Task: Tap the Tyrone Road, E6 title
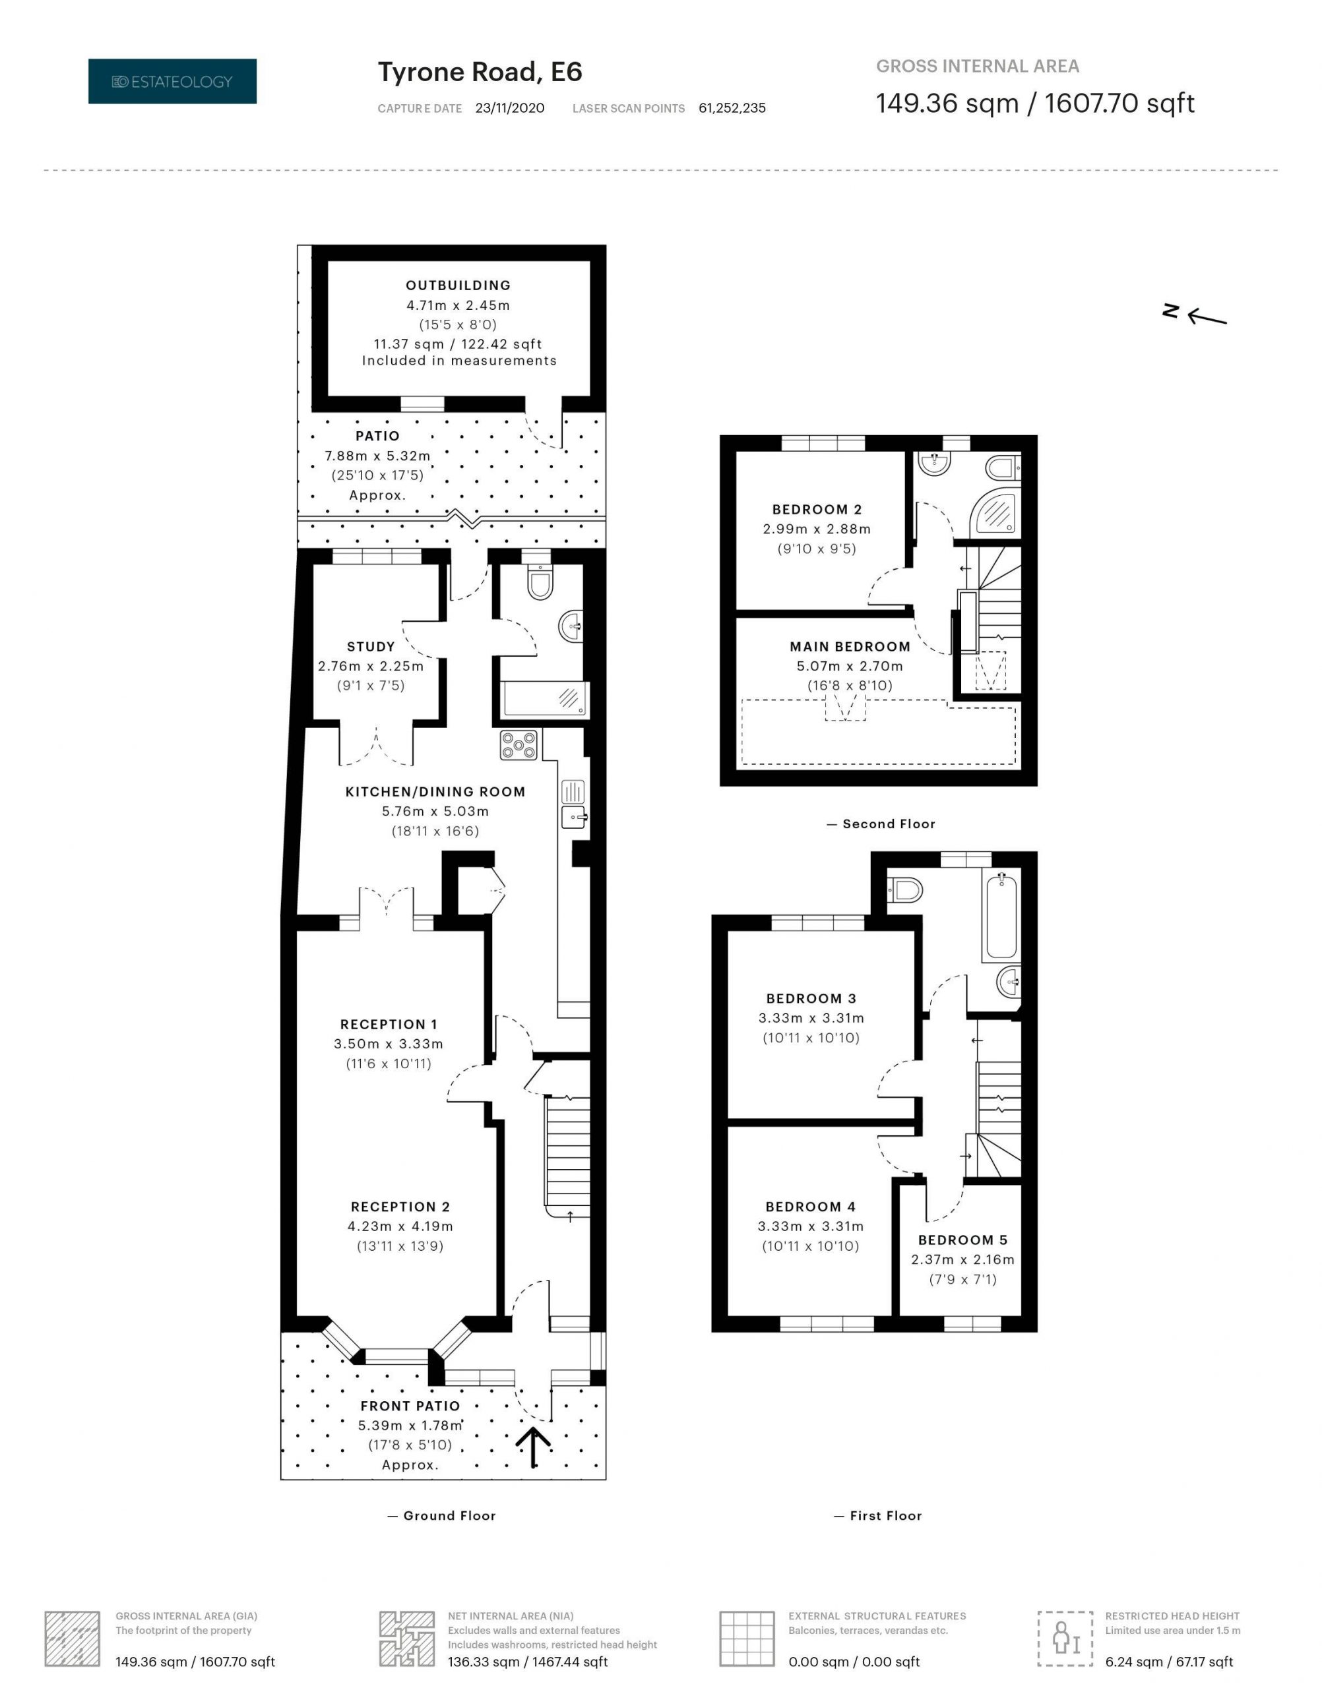point(480,72)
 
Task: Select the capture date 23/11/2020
point(510,108)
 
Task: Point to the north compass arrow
point(1207,316)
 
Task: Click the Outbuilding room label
point(458,286)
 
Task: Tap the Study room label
point(371,647)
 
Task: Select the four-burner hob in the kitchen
point(519,745)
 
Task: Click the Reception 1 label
point(389,1024)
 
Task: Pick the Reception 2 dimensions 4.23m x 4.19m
point(400,1226)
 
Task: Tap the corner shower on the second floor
point(996,510)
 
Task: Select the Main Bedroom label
point(850,647)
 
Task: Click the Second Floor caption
point(889,824)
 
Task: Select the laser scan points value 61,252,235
point(732,108)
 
